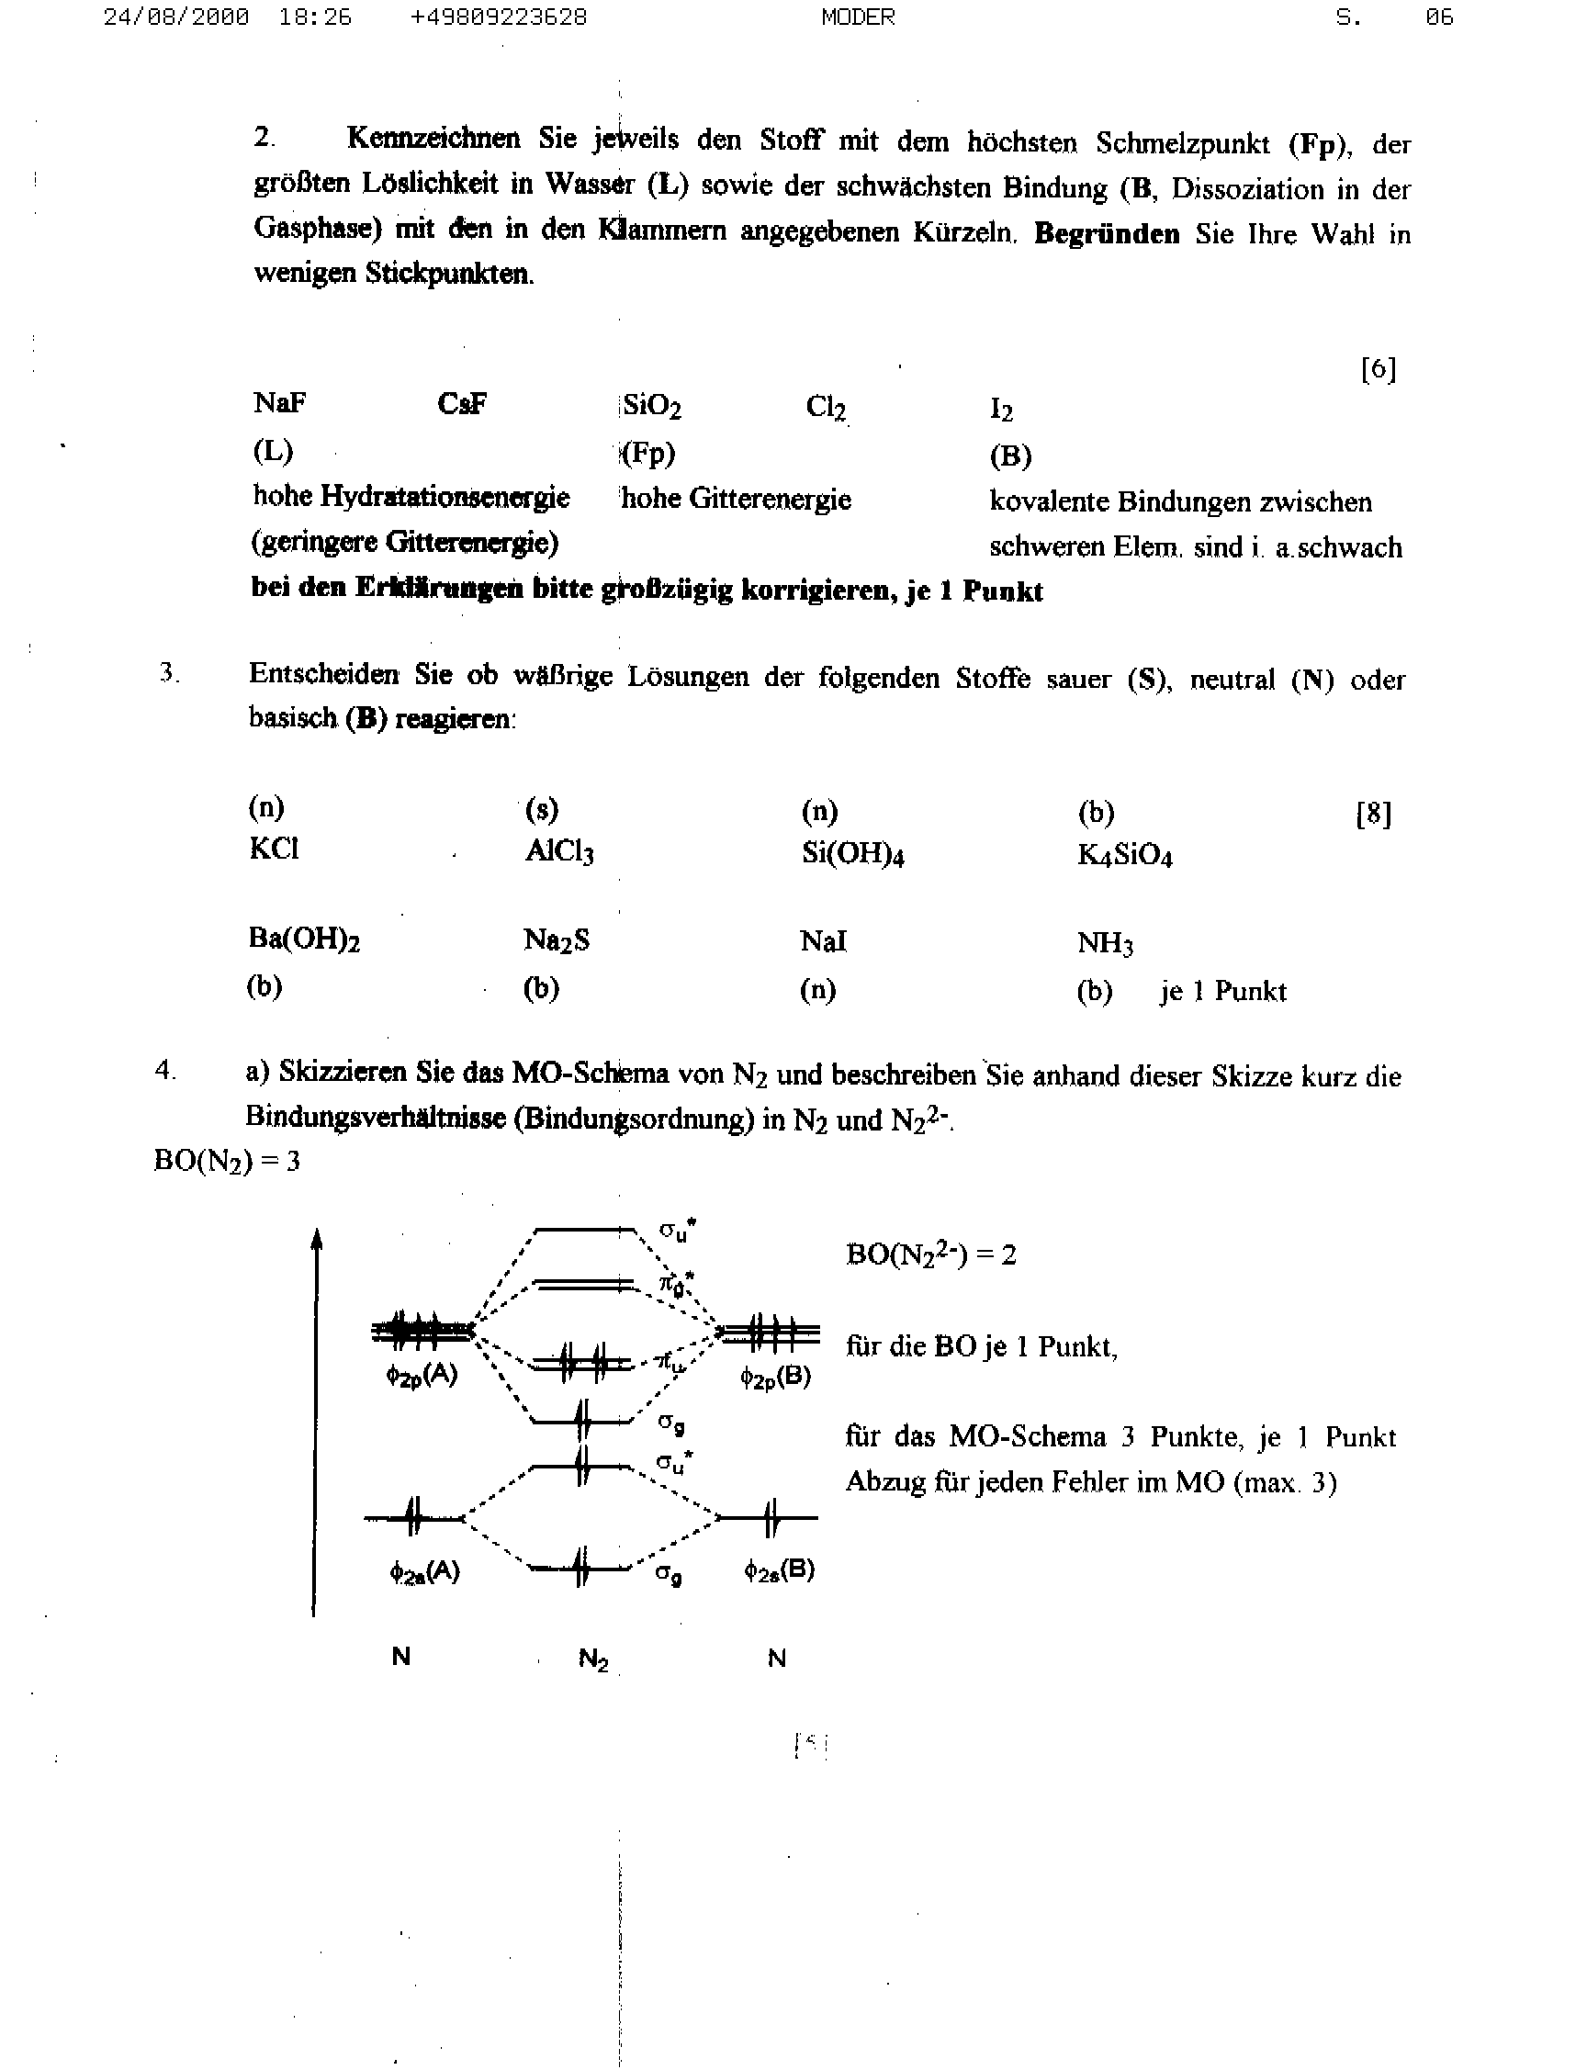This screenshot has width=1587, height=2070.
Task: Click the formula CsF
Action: coord(462,404)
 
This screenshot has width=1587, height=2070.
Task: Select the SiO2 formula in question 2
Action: coord(652,406)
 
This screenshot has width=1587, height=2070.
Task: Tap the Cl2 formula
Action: coord(826,407)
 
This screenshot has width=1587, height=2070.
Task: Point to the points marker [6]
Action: coord(1379,368)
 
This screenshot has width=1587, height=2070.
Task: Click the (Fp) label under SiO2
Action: coord(649,455)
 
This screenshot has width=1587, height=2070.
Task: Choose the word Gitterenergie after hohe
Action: coord(770,499)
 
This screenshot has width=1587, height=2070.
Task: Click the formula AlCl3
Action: coord(559,852)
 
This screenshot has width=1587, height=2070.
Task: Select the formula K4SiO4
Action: coord(1124,856)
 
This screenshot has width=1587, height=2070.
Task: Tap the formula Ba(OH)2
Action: coord(303,939)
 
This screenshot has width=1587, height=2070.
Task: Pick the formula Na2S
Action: coord(557,940)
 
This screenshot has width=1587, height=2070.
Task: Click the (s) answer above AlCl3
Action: coord(542,809)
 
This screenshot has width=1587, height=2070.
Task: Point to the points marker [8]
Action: coord(1373,813)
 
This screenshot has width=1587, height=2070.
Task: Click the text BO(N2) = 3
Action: coord(227,1160)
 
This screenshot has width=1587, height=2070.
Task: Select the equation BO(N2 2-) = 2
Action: coord(930,1254)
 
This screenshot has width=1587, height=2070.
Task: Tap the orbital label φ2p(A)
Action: coord(422,1376)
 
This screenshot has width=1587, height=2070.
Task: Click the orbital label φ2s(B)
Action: coord(780,1570)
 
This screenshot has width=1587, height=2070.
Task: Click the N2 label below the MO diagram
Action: coord(593,1659)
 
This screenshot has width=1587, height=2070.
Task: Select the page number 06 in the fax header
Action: coord(1440,17)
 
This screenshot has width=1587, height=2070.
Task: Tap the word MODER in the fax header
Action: coord(858,17)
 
